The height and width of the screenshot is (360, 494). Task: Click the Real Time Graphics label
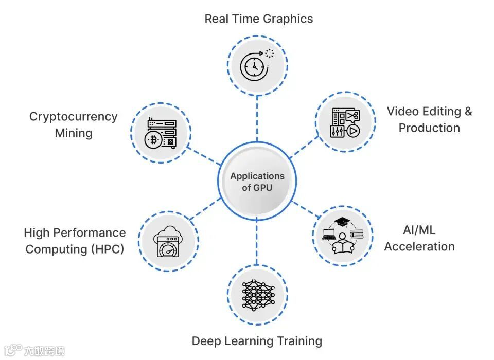[x=258, y=19]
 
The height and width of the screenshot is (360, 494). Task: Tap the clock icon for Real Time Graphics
[x=253, y=66]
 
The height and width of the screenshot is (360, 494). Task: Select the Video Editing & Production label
[x=429, y=119]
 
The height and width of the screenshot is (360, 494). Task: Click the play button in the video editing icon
[x=352, y=131]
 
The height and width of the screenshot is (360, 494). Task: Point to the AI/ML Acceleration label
[x=419, y=238]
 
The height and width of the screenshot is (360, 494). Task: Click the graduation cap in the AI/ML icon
[x=342, y=222]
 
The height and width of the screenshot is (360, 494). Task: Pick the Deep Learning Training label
[x=257, y=341]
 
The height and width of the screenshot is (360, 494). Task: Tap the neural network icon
[x=258, y=295]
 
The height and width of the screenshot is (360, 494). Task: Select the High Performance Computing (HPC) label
[x=75, y=241]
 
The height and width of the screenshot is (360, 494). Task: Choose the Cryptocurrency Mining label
[x=73, y=124]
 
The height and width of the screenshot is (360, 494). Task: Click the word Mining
[x=73, y=133]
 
